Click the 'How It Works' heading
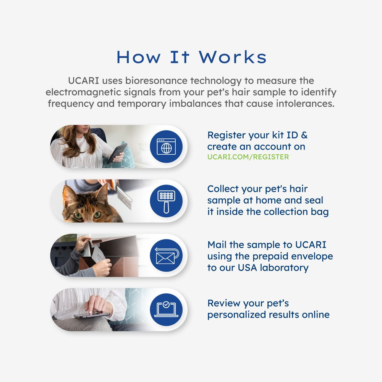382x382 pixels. coord(191,57)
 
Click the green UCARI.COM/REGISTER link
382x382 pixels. coord(248,157)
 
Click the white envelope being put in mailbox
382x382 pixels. coord(100,259)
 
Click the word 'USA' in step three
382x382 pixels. coord(248,267)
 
